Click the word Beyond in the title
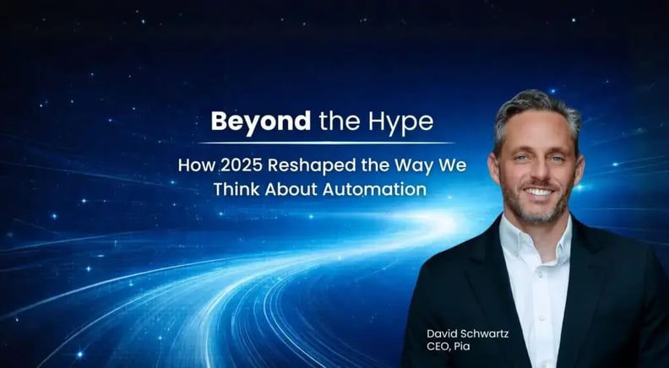click(x=261, y=121)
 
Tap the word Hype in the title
click(x=401, y=121)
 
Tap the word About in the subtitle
click(x=292, y=189)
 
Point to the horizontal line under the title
click(x=320, y=142)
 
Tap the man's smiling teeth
click(x=537, y=191)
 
